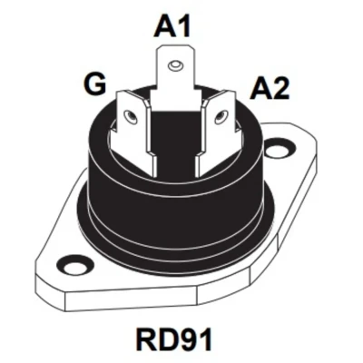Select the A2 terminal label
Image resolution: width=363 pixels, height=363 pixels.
pyautogui.click(x=270, y=88)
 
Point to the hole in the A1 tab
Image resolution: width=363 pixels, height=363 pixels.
pyautogui.click(x=175, y=64)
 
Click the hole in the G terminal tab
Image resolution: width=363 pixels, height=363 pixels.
pyautogui.click(x=131, y=116)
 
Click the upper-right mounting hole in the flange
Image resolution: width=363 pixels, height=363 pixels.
pyautogui.click(x=279, y=149)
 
